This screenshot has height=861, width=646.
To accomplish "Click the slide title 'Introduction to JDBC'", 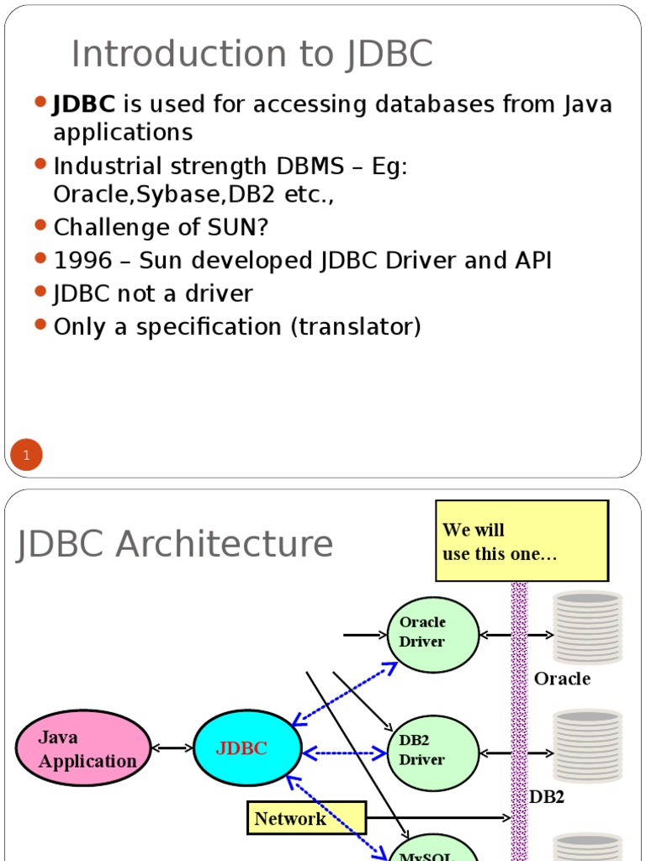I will tap(252, 55).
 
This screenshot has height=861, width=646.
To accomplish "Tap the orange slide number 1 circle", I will tap(26, 457).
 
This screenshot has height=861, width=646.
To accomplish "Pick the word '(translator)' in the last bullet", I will tap(356, 326).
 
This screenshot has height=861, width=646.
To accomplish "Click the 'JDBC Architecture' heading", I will tap(175, 544).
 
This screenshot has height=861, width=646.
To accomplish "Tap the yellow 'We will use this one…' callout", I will tap(522, 541).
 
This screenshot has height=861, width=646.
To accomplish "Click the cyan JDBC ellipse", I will tap(247, 748).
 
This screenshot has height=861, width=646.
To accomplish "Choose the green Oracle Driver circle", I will tap(432, 634).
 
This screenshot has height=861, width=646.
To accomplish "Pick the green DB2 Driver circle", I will tap(432, 752).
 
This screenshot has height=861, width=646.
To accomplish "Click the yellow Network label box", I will tap(306, 818).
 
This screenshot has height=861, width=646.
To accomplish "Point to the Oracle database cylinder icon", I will tap(587, 627).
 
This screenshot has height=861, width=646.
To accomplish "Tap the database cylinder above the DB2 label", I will tap(587, 746).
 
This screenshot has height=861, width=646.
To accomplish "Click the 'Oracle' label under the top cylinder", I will tap(562, 679).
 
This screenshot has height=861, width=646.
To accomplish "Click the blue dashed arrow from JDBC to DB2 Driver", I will tap(345, 753).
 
